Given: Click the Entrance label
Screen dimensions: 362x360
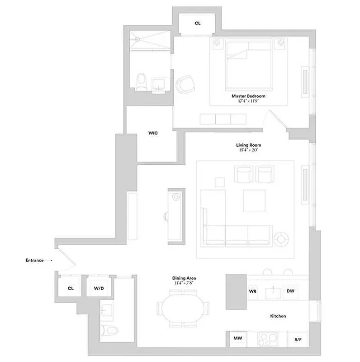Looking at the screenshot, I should (x=34, y=260).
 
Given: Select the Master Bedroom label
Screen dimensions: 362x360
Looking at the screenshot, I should (x=248, y=96).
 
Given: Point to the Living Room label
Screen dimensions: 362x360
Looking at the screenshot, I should (x=248, y=145).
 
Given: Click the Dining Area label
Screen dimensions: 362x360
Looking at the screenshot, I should (x=184, y=278).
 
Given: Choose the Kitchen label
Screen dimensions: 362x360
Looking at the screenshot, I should (x=278, y=316).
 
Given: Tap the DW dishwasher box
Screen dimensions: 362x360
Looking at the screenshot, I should (x=290, y=291).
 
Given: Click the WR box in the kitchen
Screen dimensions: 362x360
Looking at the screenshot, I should (x=252, y=291).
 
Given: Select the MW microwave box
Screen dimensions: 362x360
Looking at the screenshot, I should (x=237, y=338).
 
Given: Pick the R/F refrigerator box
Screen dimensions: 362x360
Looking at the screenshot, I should (x=298, y=339).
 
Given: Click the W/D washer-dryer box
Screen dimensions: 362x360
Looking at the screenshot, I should (x=99, y=288).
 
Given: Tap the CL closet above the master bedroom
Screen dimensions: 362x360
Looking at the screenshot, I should (x=198, y=23).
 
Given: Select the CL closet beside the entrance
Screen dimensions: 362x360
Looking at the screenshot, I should (x=71, y=288).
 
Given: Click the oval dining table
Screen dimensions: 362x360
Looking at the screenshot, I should (x=184, y=308).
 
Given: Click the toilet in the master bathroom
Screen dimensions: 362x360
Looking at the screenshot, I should (x=142, y=81).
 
